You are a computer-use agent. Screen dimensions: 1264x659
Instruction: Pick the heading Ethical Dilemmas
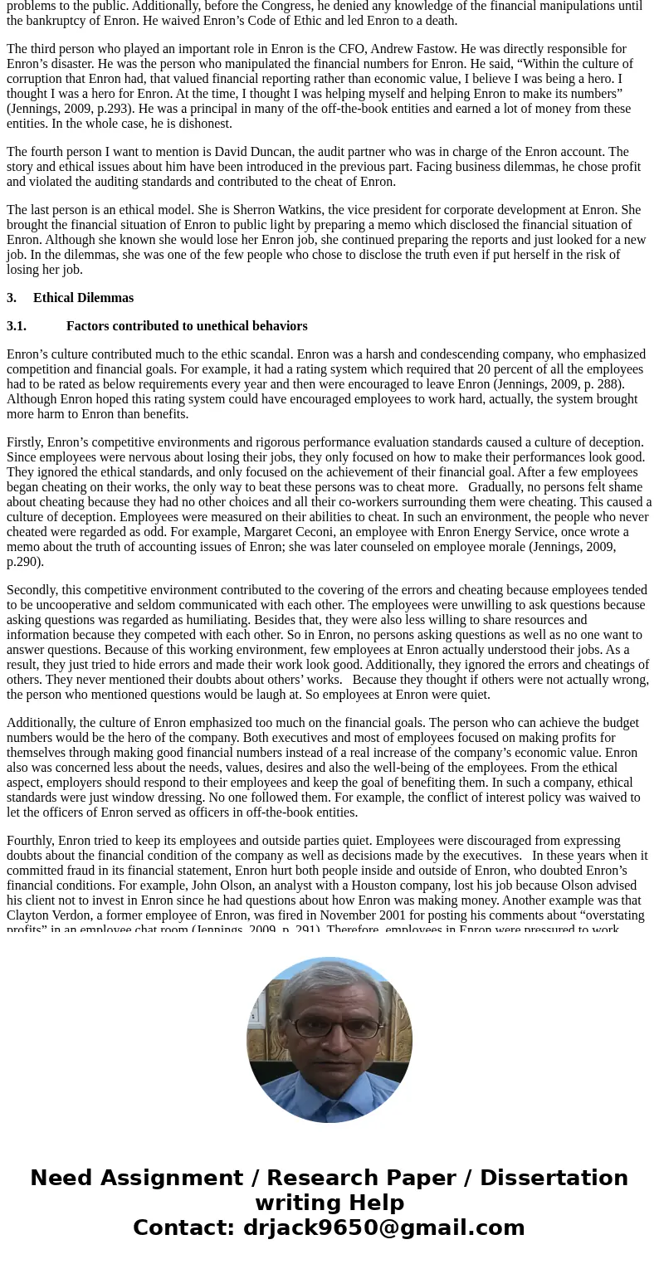point(83,298)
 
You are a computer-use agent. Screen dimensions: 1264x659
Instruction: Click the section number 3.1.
point(17,326)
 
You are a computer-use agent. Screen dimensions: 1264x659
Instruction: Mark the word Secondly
point(32,590)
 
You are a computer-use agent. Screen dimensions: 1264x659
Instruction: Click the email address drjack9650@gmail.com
point(383,1227)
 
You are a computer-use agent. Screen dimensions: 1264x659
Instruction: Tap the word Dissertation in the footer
point(554,1178)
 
